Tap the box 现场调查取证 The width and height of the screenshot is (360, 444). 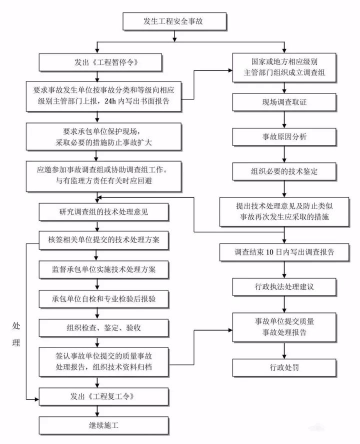(284, 103)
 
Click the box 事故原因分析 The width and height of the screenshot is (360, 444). (284, 136)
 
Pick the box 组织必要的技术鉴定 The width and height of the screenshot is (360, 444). (284, 171)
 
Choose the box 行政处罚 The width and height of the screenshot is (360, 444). (284, 368)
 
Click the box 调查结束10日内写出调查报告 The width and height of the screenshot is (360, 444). (284, 252)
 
